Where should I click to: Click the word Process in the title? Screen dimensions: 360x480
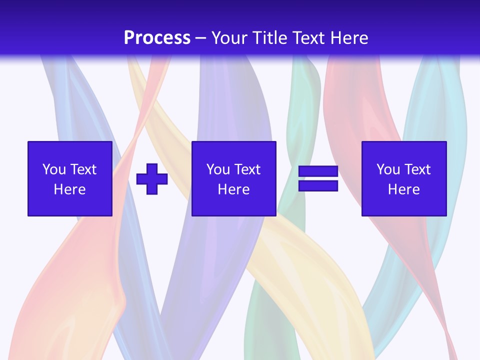point(157,38)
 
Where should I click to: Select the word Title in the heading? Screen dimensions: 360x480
point(272,38)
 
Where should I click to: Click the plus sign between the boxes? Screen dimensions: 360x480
point(152,178)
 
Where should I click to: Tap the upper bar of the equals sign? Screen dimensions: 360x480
point(318,171)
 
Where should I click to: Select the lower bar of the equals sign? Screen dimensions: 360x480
point(318,186)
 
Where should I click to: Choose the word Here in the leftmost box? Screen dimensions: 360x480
point(69,189)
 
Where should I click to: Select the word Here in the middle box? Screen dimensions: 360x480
point(233,189)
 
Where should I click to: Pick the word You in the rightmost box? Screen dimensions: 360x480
point(388,169)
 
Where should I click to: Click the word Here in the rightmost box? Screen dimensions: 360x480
point(403,189)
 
